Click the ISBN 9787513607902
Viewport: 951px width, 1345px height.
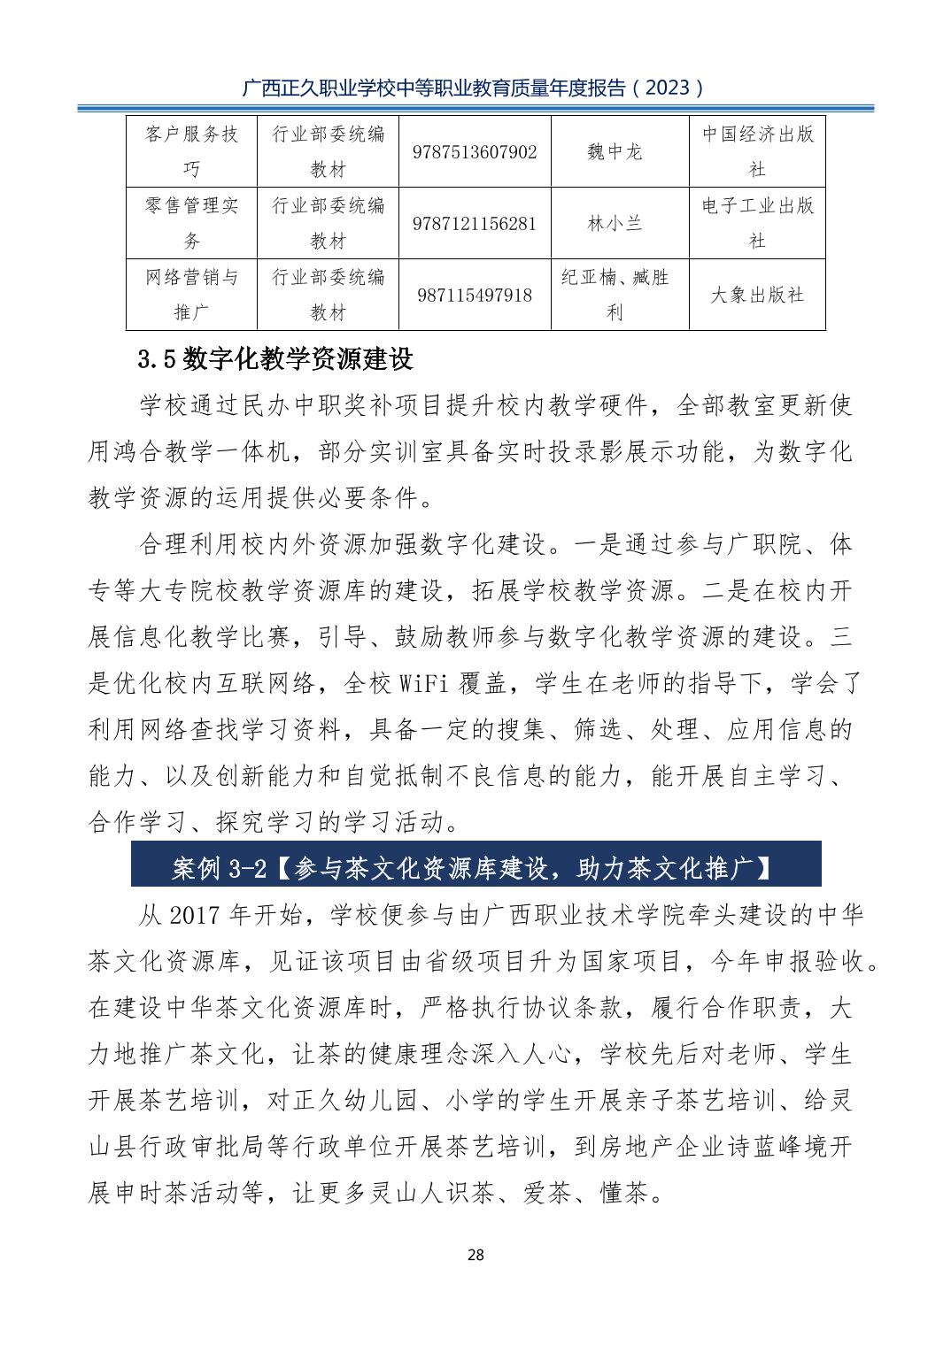475,152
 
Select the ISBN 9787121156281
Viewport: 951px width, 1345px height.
475,224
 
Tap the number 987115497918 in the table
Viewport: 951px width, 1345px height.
475,296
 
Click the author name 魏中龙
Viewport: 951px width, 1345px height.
615,152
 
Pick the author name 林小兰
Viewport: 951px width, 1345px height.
615,224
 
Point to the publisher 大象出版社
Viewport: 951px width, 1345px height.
757,296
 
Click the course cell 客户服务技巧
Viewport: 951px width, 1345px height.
192,151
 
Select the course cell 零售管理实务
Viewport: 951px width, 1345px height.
192,223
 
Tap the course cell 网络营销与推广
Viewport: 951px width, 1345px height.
192,295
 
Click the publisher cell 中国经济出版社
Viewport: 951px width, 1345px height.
757,151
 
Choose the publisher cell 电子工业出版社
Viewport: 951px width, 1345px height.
757,223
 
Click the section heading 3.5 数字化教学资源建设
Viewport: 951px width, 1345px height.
276,359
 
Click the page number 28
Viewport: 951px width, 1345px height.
475,1255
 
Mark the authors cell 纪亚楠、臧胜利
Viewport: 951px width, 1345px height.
615,295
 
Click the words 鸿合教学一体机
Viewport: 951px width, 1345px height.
189,452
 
